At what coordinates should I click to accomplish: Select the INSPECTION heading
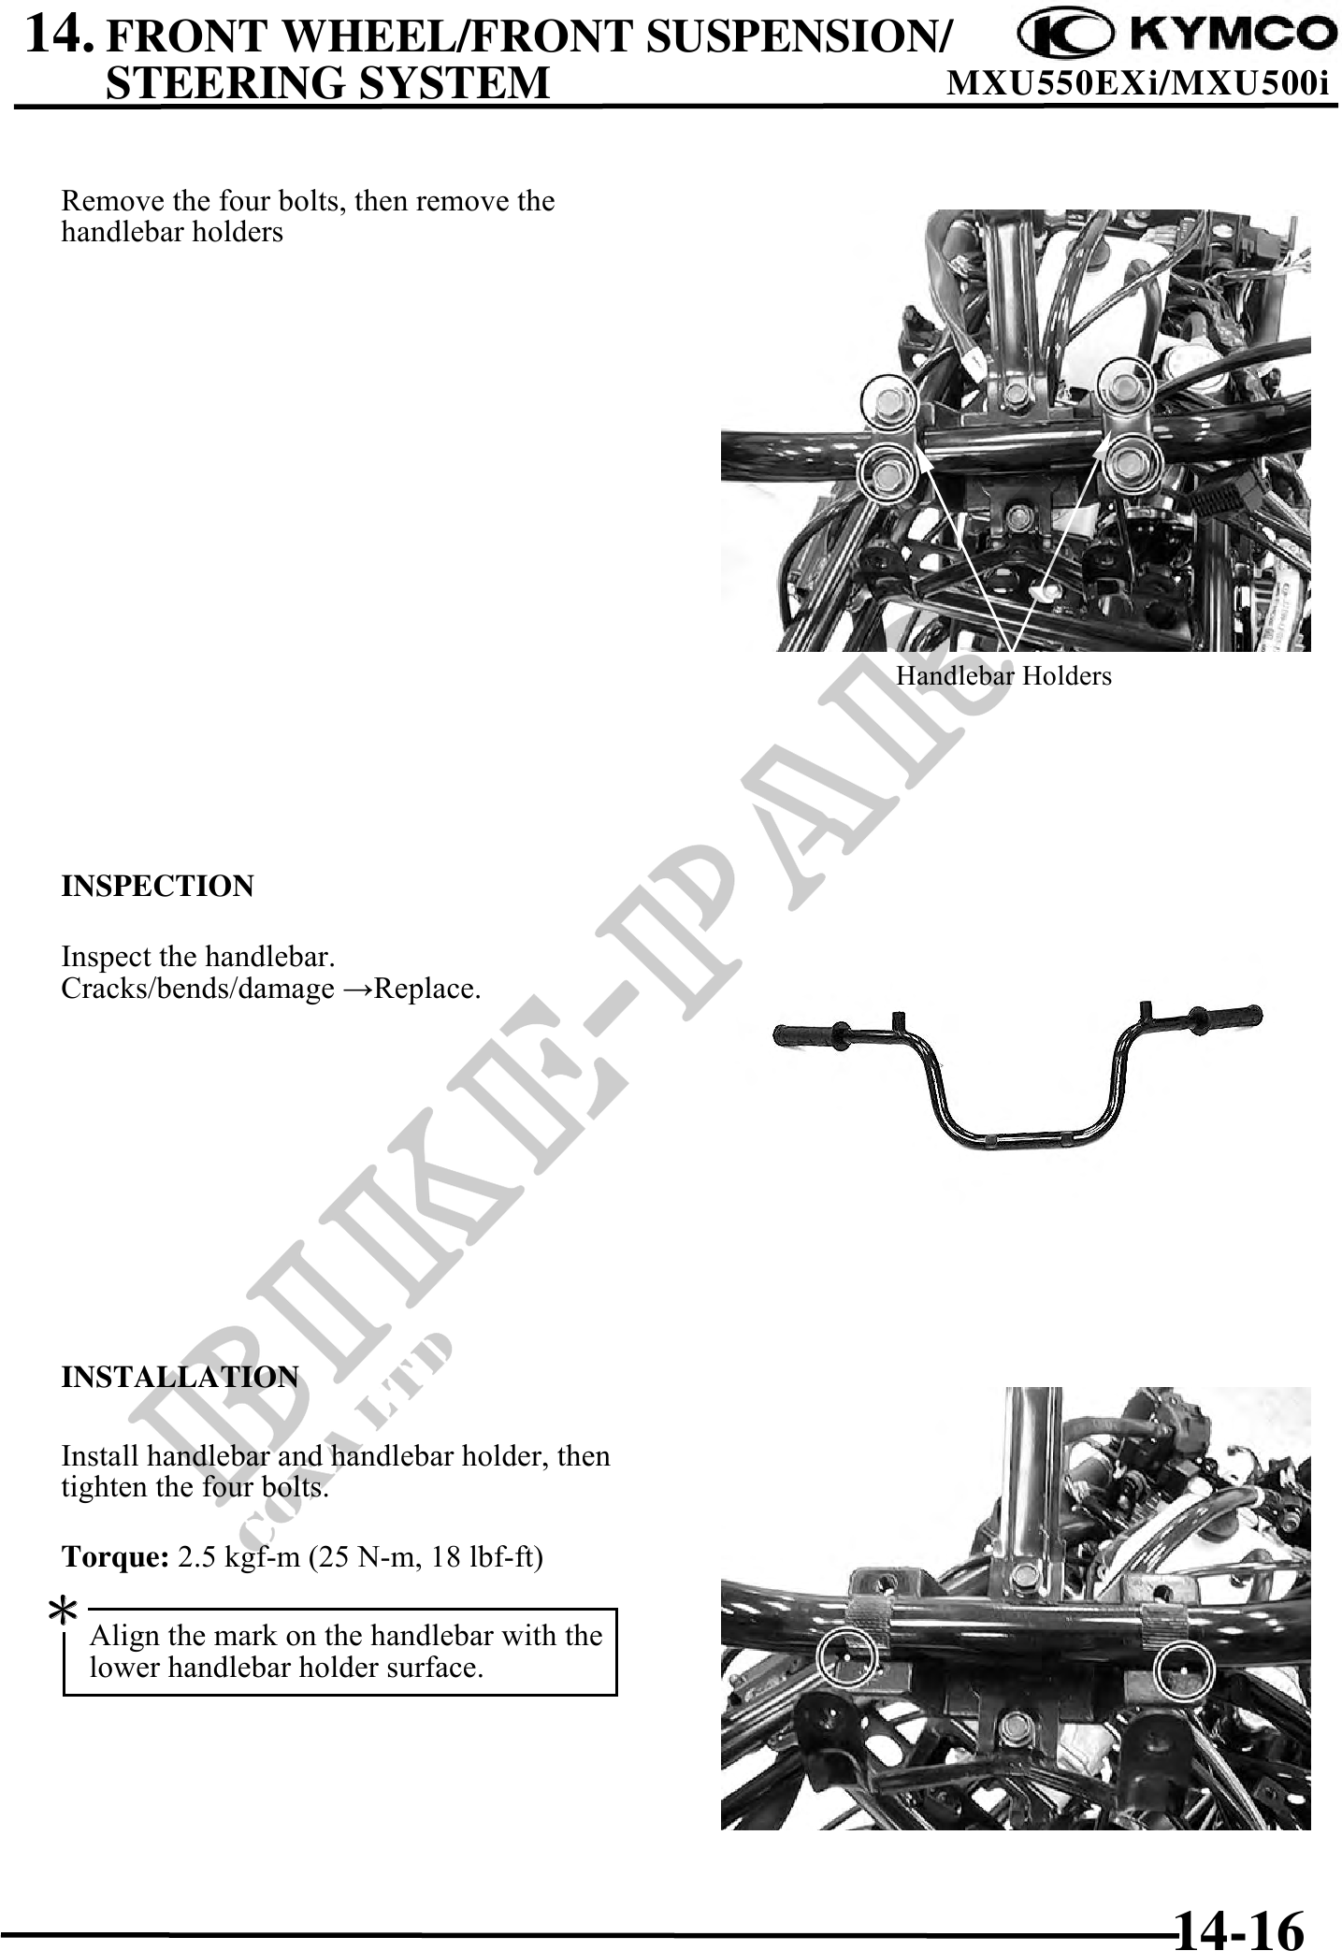pyautogui.click(x=157, y=886)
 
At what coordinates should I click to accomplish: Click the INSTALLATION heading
pyautogui.click(x=180, y=1377)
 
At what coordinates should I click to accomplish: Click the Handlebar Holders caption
pyautogui.click(x=1004, y=675)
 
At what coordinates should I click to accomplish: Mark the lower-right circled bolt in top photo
pyautogui.click(x=1131, y=461)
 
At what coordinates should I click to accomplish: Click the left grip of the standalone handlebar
pyautogui.click(x=811, y=1034)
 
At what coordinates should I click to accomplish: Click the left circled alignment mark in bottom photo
pyautogui.click(x=845, y=1656)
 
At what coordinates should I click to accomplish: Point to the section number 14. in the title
pyautogui.click(x=60, y=35)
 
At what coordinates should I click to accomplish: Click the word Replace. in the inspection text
pyautogui.click(x=427, y=989)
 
